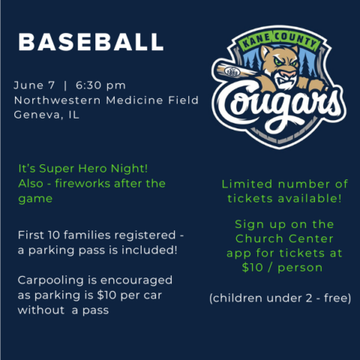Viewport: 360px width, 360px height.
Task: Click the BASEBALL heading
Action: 90,42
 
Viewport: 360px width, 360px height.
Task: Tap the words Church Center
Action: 281,239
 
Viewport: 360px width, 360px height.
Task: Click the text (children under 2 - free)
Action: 279,298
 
